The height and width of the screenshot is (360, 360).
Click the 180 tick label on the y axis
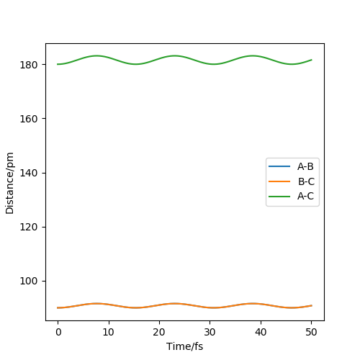[29, 65]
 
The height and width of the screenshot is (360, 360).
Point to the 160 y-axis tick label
[29, 119]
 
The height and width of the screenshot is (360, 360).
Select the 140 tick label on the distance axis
[29, 173]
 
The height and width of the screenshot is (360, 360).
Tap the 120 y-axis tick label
[29, 227]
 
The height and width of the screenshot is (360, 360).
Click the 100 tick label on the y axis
[29, 281]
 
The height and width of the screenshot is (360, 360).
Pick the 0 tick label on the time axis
[58, 332]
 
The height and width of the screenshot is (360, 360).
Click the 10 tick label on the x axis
[108, 332]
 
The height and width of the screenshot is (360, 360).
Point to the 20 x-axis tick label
[159, 332]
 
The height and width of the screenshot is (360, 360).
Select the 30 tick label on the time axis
[210, 332]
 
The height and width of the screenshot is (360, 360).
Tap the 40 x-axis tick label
[261, 332]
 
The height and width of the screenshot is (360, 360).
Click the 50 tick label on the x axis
[311, 332]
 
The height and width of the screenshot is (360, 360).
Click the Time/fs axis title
[184, 347]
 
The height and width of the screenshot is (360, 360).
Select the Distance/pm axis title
[9, 183]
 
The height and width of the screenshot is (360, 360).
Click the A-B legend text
[305, 166]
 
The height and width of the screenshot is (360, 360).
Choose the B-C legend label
[306, 181]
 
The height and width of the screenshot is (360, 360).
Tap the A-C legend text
[305, 197]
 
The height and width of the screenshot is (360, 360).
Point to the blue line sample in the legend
[279, 166]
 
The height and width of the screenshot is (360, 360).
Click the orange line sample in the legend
[279, 181]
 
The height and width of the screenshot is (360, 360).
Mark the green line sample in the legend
[279, 197]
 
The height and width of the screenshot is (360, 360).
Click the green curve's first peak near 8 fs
[96, 55]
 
